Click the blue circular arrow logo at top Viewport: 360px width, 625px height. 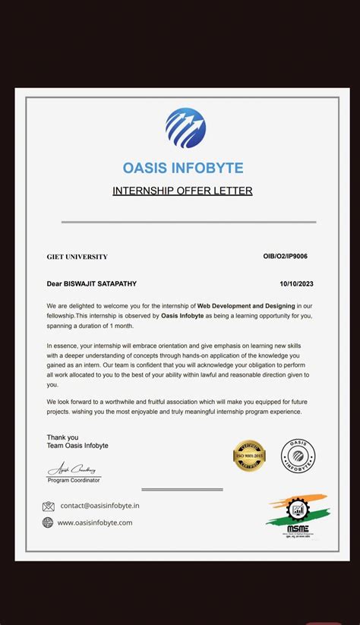point(185,128)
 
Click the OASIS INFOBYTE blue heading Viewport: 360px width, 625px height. point(183,168)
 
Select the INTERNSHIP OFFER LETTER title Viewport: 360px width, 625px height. point(182,191)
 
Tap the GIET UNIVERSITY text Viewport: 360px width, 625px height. point(77,257)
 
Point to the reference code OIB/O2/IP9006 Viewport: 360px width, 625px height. point(286,256)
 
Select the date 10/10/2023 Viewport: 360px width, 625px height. point(296,284)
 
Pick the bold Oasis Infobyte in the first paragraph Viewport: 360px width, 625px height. point(182,315)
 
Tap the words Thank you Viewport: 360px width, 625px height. point(62,437)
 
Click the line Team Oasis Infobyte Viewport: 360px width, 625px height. point(77,446)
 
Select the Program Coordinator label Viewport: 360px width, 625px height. point(74,480)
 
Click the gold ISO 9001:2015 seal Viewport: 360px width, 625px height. point(249,456)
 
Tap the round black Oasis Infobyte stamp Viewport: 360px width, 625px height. point(298,456)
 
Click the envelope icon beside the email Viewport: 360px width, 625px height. point(49,506)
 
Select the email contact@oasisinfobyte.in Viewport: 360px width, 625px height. point(100,506)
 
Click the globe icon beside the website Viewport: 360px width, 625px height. point(49,522)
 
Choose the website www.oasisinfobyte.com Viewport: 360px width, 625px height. point(95,522)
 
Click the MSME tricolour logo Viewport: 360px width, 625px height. point(297,515)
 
